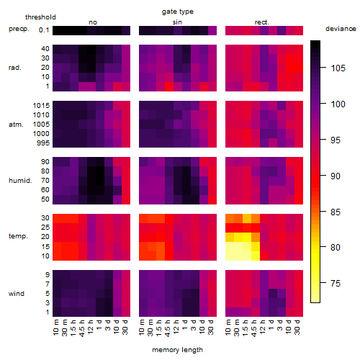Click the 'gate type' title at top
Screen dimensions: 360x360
pos(178,12)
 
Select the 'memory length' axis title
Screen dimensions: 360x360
pos(178,350)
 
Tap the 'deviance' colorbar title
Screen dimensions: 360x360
pos(341,29)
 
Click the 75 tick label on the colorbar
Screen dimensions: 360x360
pos(336,284)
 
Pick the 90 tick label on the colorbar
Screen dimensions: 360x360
pos(336,176)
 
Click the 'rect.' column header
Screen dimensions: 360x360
pos(262,22)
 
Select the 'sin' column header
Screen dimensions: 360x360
pos(177,22)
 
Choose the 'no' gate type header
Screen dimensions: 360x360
pos(93,22)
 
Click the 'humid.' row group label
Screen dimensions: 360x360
pos(20,181)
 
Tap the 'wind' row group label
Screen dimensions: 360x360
pos(17,294)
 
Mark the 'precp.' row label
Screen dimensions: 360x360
pos(19,29)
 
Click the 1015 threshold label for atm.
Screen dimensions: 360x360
pos(41,106)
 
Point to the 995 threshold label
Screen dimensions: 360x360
pos(43,143)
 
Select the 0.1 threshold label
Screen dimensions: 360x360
pos(44,30)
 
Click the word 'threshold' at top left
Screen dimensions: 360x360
pos(40,17)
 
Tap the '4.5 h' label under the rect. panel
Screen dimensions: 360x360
pos(253,328)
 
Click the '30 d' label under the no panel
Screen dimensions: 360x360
pos(125,327)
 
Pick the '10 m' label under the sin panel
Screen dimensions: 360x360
pos(142,328)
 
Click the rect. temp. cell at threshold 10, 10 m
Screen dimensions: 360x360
pos(230,256)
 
